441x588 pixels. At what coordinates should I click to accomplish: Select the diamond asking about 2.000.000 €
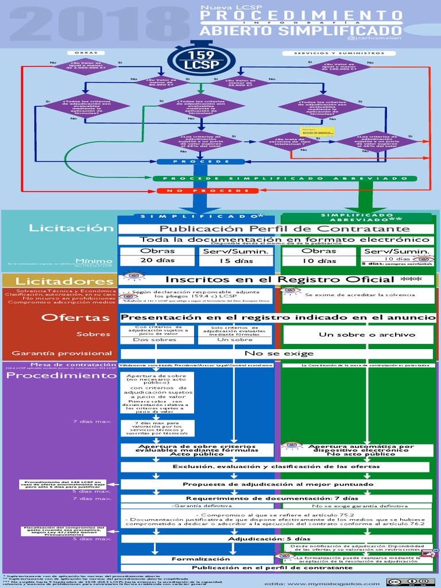[84, 67]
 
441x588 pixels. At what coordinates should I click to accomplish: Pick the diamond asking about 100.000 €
[339, 67]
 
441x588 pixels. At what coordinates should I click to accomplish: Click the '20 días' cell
[157, 261]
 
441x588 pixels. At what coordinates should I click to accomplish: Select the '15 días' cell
[236, 261]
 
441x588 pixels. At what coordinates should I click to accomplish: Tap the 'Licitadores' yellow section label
[56, 281]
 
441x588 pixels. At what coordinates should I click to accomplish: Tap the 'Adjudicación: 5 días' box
[269, 539]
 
